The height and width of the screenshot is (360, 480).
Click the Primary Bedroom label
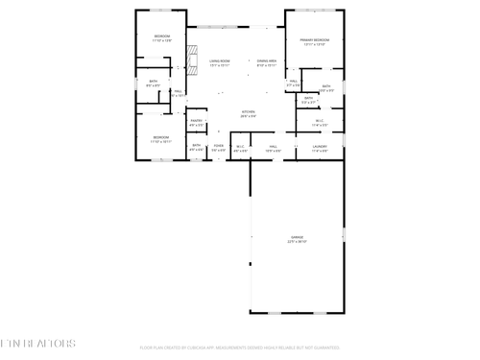click(x=314, y=40)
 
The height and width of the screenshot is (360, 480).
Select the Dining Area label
click(x=267, y=60)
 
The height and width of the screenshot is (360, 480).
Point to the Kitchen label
click(x=248, y=112)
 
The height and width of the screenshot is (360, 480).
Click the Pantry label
click(x=196, y=122)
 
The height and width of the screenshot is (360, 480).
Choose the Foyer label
click(x=219, y=146)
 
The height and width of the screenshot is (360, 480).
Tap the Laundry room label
click(x=320, y=146)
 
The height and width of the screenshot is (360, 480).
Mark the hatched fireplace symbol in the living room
click(x=191, y=52)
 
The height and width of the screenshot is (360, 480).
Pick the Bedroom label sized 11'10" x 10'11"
click(x=161, y=137)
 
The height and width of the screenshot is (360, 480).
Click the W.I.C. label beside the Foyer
click(x=241, y=146)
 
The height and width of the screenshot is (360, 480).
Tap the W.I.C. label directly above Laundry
click(x=320, y=121)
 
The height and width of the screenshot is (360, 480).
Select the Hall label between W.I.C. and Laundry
click(x=274, y=146)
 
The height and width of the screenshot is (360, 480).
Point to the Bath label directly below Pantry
click(x=196, y=146)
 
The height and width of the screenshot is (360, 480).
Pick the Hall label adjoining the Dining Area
click(x=294, y=83)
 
